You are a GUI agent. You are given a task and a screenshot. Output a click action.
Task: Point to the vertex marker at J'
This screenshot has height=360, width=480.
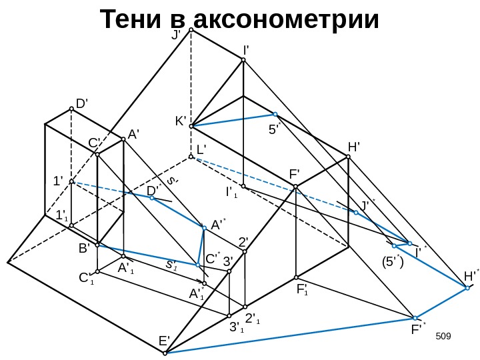tap(191, 30)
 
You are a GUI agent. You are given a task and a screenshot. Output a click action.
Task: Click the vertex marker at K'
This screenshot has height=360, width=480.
tap(191, 126)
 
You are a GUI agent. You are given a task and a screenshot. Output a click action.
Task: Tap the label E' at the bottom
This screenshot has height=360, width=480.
tap(164, 341)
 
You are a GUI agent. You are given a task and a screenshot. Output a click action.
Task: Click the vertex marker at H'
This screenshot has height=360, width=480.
tap(348, 157)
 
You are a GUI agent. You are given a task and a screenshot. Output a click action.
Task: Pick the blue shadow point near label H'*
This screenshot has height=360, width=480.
tap(468, 288)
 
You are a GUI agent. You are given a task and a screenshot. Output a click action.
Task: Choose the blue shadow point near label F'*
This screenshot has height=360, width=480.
tap(415, 318)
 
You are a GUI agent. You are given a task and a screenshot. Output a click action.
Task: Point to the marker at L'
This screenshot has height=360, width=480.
tap(191, 157)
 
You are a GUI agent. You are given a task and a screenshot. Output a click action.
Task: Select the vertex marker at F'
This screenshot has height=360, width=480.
tap(296, 187)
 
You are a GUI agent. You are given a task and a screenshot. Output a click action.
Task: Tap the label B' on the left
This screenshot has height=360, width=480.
tap(84, 248)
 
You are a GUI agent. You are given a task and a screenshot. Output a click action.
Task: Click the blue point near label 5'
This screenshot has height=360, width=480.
tap(275, 114)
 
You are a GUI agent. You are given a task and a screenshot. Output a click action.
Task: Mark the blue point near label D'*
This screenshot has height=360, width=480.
tap(152, 198)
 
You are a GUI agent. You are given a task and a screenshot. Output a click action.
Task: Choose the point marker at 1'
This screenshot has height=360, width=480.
tap(71, 181)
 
